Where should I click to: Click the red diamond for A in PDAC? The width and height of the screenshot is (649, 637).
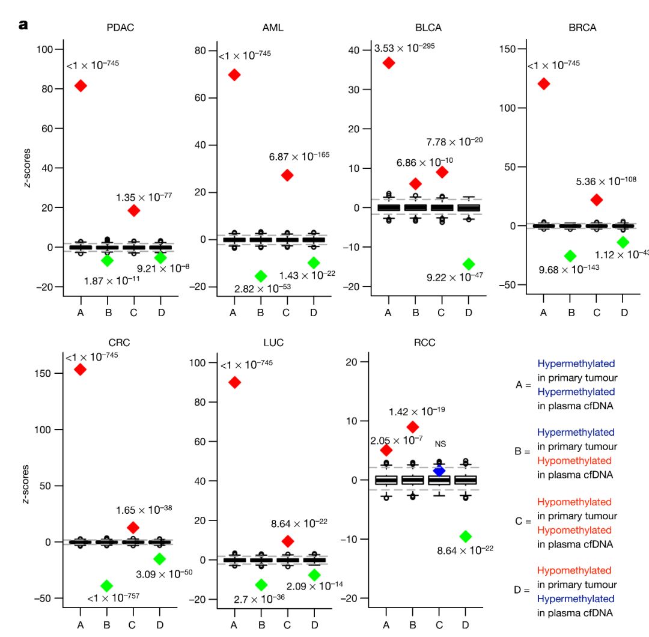[x=80, y=86]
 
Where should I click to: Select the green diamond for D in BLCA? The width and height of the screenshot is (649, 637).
[x=469, y=264]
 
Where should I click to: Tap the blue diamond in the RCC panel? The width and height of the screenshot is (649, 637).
[x=439, y=471]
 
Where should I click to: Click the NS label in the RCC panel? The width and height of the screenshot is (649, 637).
[x=440, y=444]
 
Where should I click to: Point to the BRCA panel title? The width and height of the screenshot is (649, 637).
[x=582, y=28]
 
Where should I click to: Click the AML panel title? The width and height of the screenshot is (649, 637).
[x=273, y=28]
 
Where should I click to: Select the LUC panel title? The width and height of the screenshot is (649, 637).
[x=273, y=343]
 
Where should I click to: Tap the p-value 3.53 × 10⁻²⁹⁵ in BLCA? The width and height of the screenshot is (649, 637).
[x=404, y=47]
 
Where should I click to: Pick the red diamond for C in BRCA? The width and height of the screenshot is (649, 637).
[x=596, y=200]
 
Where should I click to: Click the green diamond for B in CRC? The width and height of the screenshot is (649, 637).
[x=106, y=585]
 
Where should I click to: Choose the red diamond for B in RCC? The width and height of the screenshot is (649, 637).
[x=412, y=427]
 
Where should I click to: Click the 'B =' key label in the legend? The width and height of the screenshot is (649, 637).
[x=522, y=451]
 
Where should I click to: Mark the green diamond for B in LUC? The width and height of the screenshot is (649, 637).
[x=261, y=585]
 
